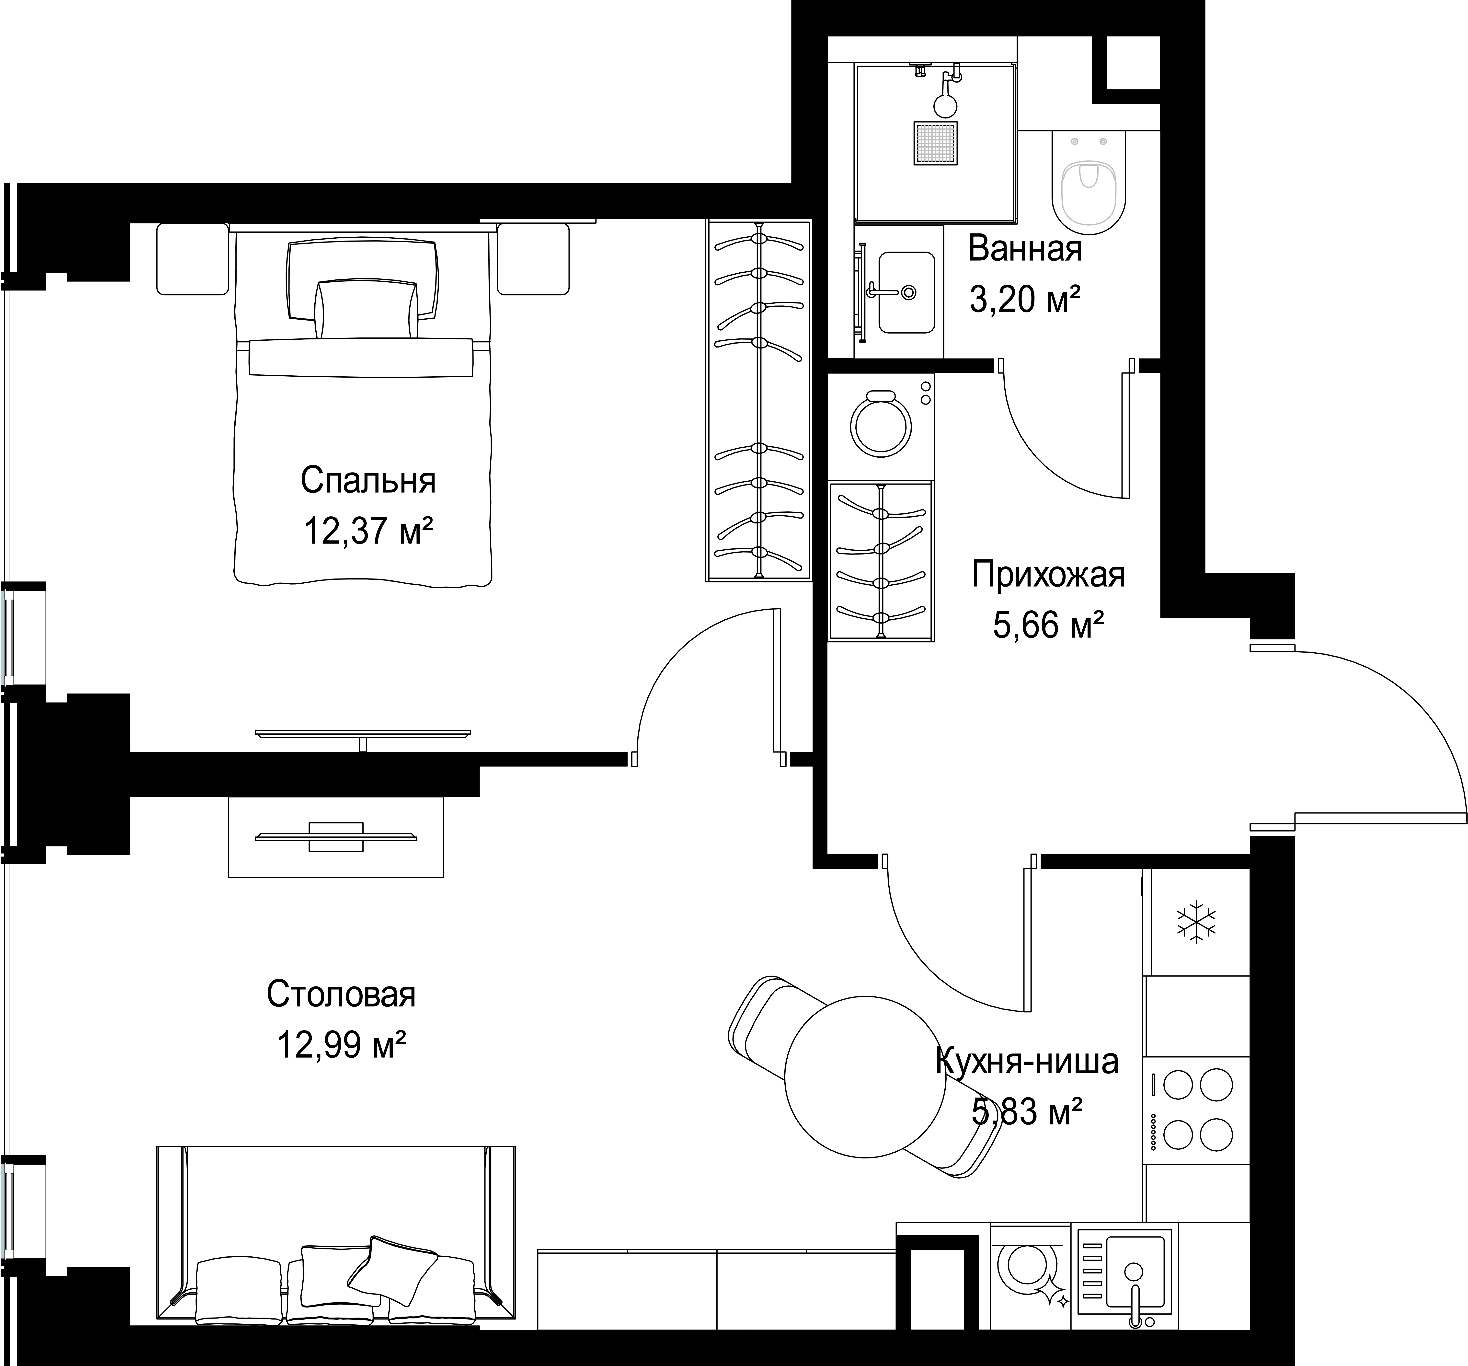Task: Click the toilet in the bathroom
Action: (x=1089, y=183)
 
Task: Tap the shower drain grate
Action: (x=936, y=143)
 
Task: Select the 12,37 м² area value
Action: (x=368, y=531)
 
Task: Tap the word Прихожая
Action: (x=1048, y=574)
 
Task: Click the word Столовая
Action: (x=341, y=995)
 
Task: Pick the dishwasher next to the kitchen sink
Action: (x=1029, y=1276)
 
